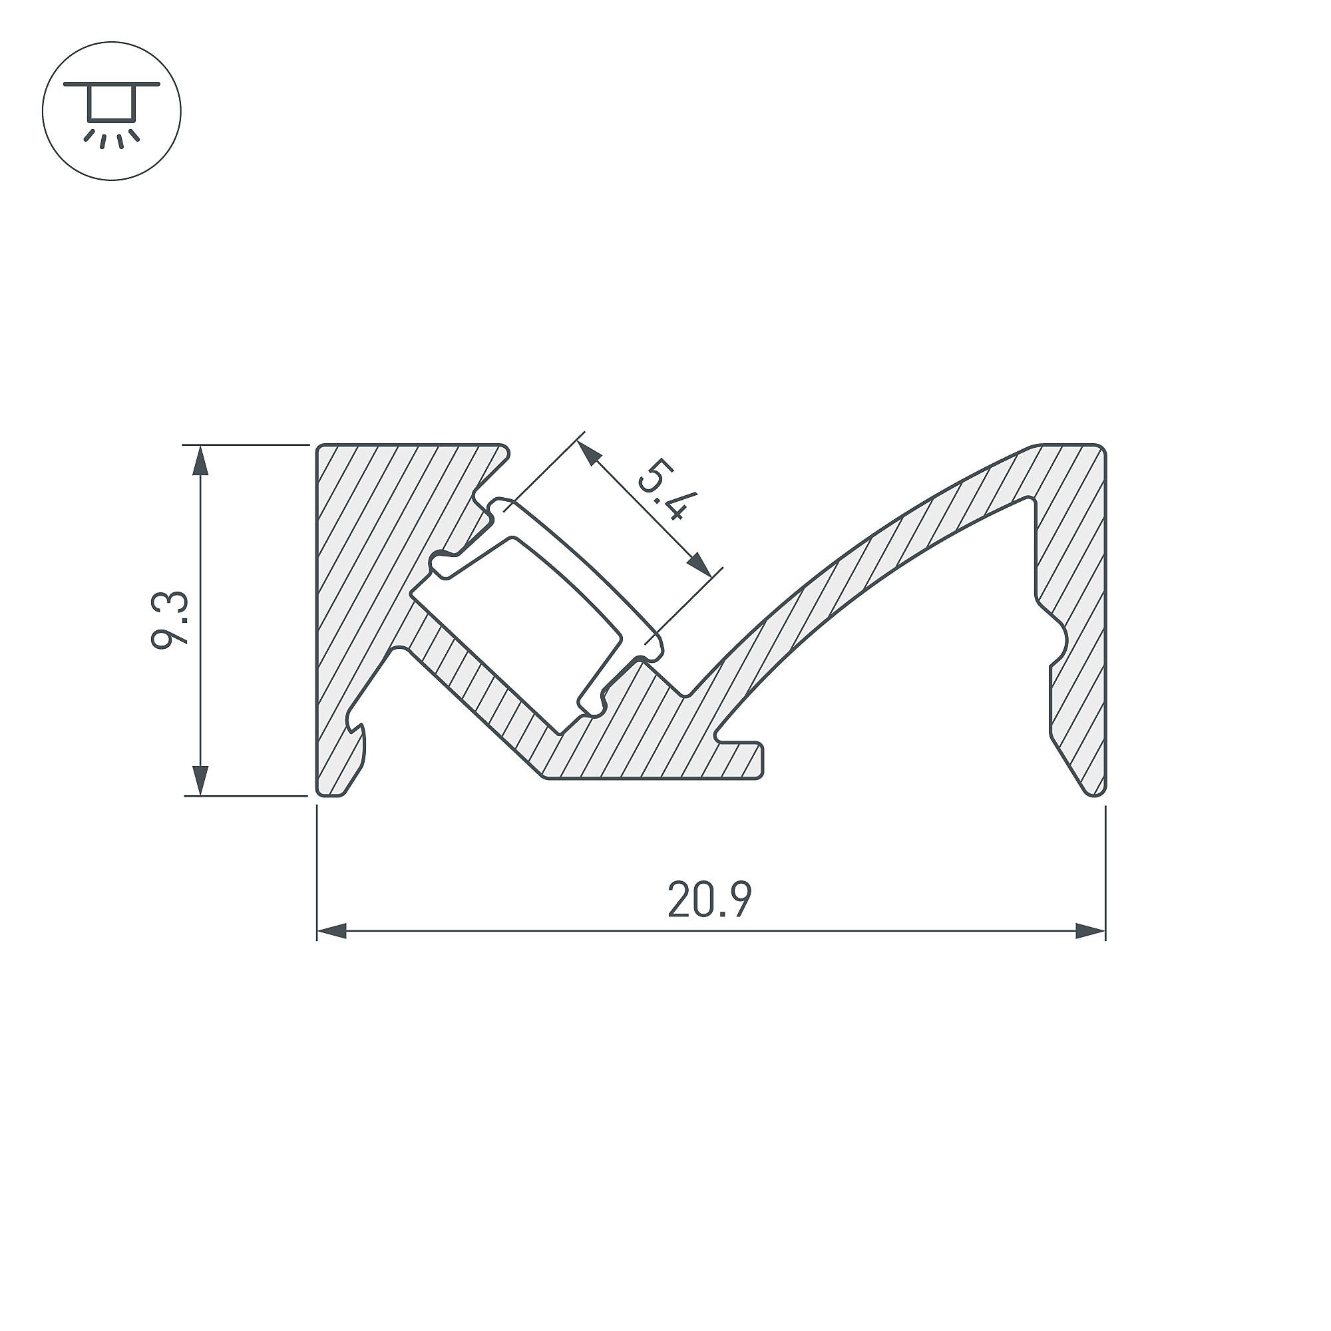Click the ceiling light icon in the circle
(x=112, y=111)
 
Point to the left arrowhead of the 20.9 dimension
(x=331, y=932)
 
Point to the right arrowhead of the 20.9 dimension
(x=1091, y=932)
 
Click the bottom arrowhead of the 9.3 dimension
(x=200, y=781)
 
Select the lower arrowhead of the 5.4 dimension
(x=700, y=564)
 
